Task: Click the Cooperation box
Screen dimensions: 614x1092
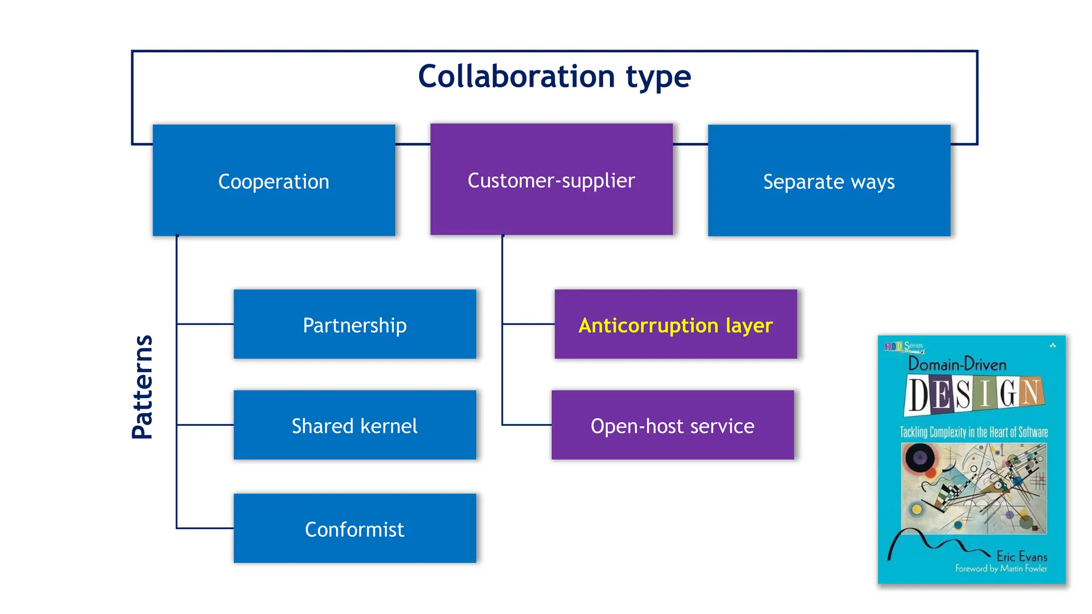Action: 274,181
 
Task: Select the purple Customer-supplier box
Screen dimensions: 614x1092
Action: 551,180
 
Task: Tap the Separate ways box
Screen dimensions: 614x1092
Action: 829,181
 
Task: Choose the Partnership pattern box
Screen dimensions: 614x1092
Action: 355,324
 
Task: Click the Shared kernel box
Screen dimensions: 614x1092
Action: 355,425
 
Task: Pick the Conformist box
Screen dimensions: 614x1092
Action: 355,528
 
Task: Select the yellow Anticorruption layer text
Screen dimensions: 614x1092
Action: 675,325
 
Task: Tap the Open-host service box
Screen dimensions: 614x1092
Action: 672,425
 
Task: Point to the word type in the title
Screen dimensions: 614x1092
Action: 658,77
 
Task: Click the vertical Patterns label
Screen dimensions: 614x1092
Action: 142,387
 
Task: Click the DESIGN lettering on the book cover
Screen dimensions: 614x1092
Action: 974,395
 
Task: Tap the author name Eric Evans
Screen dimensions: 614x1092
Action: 1021,556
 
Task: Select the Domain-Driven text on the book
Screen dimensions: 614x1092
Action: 957,364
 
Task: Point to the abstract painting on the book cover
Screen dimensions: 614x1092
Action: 974,488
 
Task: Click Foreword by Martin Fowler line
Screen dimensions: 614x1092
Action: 1001,569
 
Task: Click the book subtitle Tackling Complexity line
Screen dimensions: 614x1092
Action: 974,432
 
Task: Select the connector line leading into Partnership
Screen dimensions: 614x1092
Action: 205,324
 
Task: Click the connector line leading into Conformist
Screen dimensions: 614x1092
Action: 205,528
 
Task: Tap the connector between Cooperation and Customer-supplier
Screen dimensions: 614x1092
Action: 413,144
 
